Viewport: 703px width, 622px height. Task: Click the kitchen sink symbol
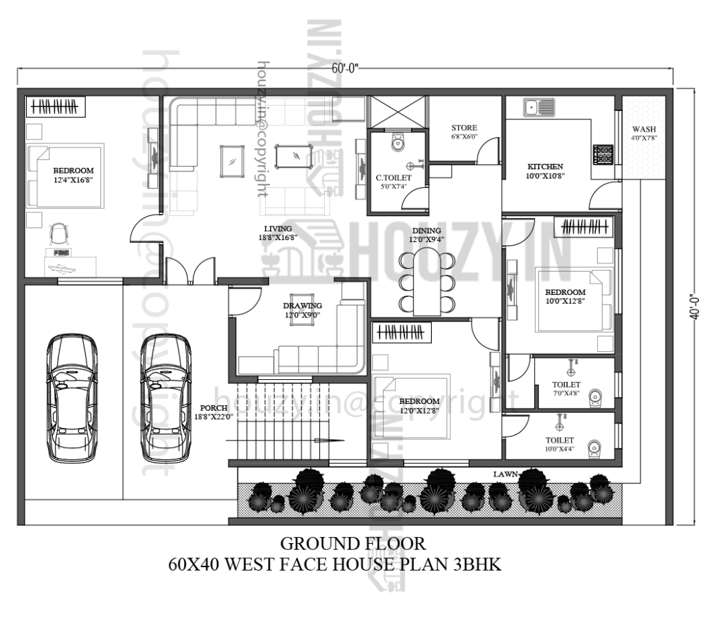click(x=539, y=107)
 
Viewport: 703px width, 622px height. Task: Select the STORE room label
click(x=464, y=128)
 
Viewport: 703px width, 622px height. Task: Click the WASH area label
click(x=643, y=130)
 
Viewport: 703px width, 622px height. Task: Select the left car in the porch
click(x=72, y=398)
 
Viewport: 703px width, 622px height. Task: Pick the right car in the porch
click(x=165, y=398)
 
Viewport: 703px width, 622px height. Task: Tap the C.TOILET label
click(x=393, y=178)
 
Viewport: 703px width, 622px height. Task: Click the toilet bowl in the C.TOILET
click(x=397, y=143)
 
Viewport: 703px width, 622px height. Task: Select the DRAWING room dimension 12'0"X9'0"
click(x=302, y=315)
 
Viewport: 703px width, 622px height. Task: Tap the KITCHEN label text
click(x=545, y=167)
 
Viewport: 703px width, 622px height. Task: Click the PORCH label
click(x=214, y=408)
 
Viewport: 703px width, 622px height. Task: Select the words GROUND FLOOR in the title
click(x=352, y=544)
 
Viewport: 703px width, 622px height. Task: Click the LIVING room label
click(x=278, y=228)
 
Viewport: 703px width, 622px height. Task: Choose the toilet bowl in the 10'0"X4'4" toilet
click(x=595, y=448)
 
